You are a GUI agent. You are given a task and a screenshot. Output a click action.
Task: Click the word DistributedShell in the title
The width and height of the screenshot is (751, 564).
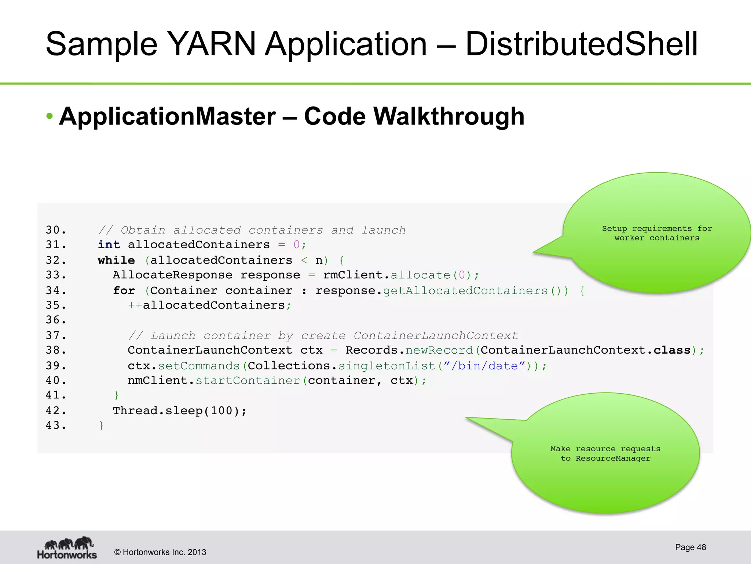pyautogui.click(x=581, y=44)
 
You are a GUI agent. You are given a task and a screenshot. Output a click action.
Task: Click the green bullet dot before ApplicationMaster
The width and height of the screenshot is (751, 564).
pyautogui.click(x=50, y=116)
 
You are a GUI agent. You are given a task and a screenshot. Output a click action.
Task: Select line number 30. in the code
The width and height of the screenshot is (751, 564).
pyautogui.click(x=56, y=230)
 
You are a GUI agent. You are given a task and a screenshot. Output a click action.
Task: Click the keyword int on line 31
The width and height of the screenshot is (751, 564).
pyautogui.click(x=109, y=245)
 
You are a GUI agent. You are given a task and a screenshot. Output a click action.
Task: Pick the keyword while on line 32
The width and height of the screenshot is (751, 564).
pyautogui.click(x=116, y=260)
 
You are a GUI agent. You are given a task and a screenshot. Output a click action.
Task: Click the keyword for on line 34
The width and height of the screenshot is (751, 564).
pyautogui.click(x=124, y=290)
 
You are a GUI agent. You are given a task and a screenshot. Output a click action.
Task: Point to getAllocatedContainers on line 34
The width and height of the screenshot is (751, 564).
pyautogui.click(x=465, y=290)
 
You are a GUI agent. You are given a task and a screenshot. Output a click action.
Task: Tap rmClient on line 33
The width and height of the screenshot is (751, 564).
pyautogui.click(x=353, y=275)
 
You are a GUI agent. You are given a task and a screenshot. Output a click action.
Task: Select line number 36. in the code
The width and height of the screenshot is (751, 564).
pyautogui.click(x=56, y=320)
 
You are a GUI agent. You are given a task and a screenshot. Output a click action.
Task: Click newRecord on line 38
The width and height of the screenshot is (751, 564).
pyautogui.click(x=439, y=350)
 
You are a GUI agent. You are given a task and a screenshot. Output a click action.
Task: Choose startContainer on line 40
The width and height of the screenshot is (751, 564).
pyautogui.click(x=248, y=380)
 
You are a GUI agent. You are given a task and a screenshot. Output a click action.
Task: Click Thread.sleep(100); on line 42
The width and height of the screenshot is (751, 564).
pyautogui.click(x=180, y=411)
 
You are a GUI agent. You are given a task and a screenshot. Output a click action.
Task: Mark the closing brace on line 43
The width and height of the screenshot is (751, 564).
pyautogui.click(x=102, y=425)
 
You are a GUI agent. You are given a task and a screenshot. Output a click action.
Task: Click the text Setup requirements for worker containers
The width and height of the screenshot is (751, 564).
pyautogui.click(x=656, y=233)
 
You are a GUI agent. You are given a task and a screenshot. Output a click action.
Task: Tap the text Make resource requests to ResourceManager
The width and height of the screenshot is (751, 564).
pyautogui.click(x=605, y=453)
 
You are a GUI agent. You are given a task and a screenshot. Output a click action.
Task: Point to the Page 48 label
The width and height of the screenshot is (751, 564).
pyautogui.click(x=690, y=547)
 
